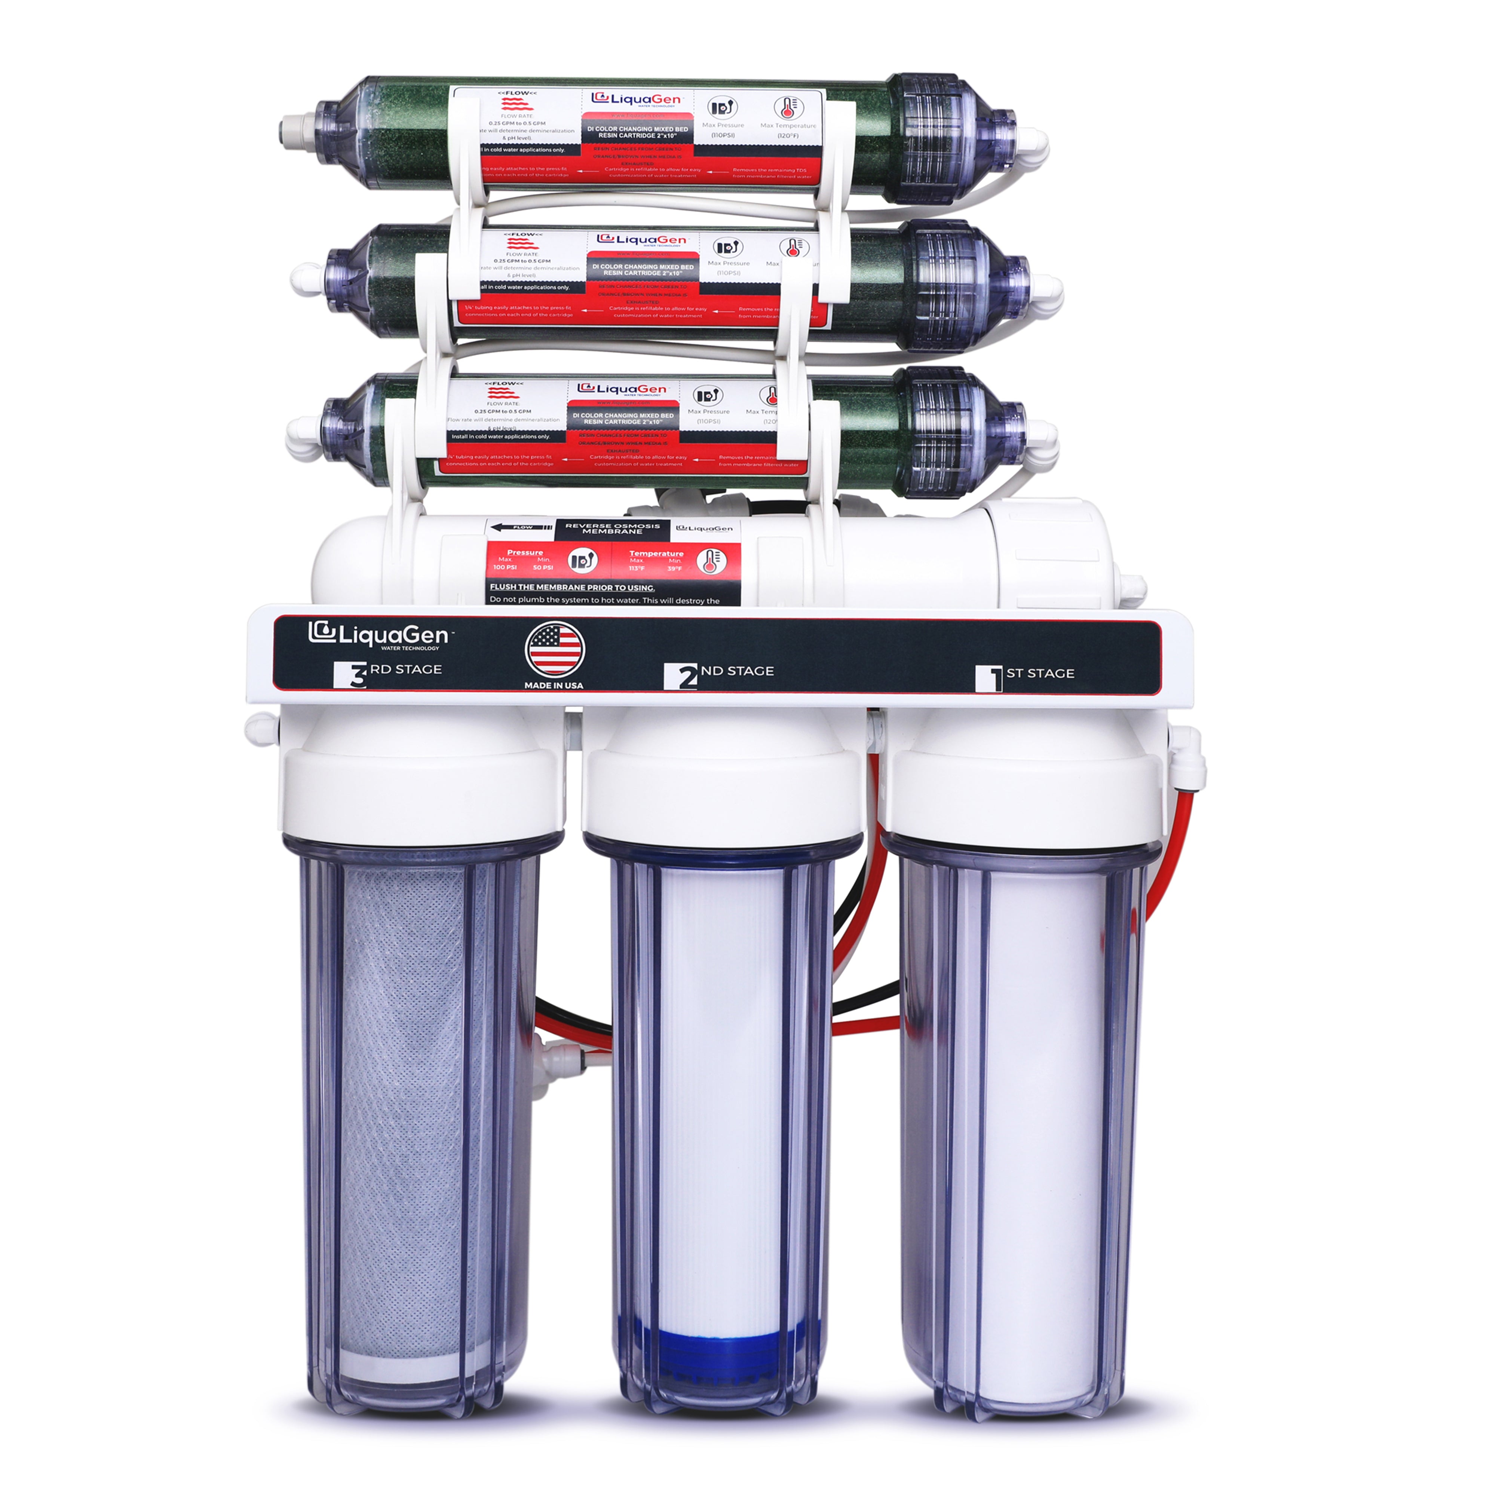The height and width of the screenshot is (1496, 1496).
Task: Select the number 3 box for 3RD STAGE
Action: (x=350, y=674)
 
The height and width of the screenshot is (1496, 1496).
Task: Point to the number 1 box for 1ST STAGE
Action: (x=990, y=678)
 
